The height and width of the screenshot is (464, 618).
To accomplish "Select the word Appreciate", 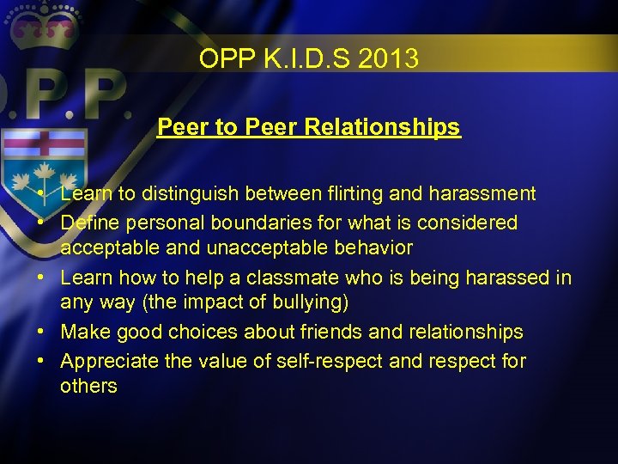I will click(x=110, y=361).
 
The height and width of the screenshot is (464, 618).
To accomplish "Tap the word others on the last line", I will click(x=88, y=386).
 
